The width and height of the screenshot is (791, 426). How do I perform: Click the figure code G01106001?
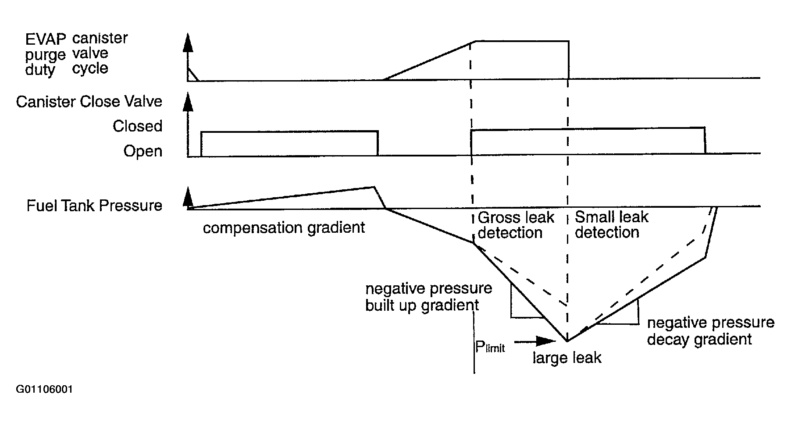pos(44,390)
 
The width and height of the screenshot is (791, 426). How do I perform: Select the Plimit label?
pos(490,347)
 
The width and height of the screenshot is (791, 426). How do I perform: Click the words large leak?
pos(567,358)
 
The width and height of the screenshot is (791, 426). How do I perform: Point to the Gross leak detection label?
pos(515,225)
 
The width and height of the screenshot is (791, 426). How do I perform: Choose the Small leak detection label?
pos(611,224)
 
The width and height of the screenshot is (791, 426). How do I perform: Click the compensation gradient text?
pos(284,228)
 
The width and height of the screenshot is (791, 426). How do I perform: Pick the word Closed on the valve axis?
pos(137,126)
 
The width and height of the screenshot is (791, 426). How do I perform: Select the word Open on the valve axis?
pos(143,151)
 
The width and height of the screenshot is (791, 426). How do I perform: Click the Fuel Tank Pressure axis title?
pos(94,206)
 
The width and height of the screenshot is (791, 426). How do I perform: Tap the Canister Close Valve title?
pos(89,102)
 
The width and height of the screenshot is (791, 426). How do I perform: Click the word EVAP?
pos(46,39)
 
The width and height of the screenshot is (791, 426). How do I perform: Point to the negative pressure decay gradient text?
pos(710,331)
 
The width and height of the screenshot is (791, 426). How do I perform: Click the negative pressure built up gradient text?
pos(428,297)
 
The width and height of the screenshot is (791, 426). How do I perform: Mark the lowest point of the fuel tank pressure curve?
pos(568,341)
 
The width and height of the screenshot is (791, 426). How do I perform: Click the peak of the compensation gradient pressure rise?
pos(373,187)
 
